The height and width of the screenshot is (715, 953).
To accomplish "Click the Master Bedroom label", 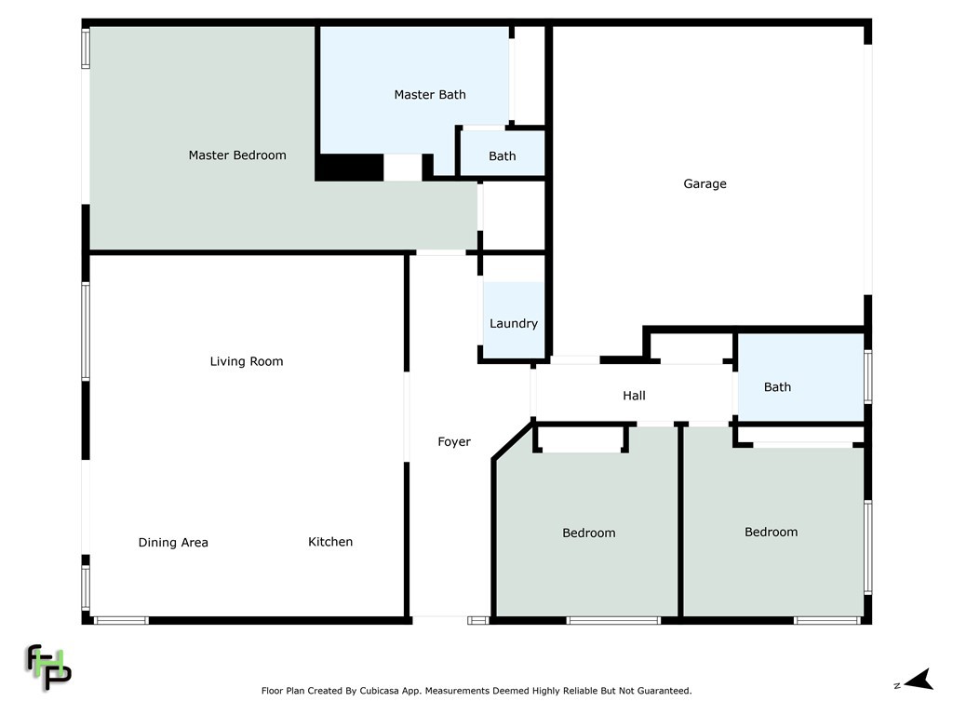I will (x=237, y=155).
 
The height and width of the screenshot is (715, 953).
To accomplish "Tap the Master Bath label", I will (x=430, y=95).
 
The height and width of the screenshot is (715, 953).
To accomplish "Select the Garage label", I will (x=705, y=184).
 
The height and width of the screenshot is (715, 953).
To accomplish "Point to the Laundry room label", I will (x=514, y=324).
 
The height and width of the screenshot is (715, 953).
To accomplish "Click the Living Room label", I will (x=247, y=361).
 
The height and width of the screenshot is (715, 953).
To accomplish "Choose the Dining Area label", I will (x=173, y=543).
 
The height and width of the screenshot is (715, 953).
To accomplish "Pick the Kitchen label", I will (x=330, y=542).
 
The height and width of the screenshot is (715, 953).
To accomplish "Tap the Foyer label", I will (x=454, y=442).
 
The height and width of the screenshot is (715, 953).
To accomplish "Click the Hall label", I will (x=634, y=396).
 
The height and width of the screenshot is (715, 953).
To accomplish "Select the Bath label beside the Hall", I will (x=777, y=387).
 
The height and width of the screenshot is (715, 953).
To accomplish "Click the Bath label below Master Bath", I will (x=503, y=156).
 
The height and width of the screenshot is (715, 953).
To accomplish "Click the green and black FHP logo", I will (x=47, y=667).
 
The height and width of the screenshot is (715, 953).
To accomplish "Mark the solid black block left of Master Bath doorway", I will (x=349, y=168).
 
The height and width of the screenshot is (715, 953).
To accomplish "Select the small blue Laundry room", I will (x=514, y=307).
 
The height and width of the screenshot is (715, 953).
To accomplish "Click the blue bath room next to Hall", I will (x=800, y=377).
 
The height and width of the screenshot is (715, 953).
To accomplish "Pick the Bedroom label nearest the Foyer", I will (x=588, y=533).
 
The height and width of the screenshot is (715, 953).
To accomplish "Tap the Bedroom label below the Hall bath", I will (x=771, y=533).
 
